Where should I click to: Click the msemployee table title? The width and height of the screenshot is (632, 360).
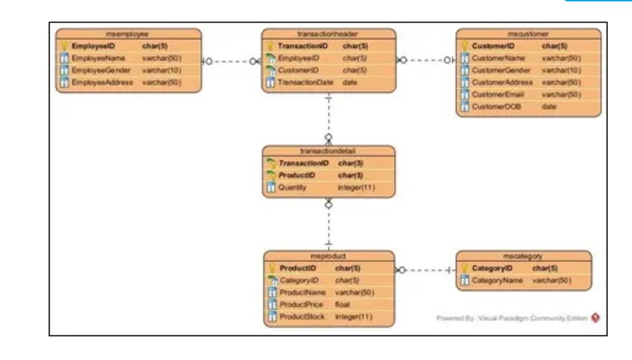128,33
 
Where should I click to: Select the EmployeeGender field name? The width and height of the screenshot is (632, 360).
96,70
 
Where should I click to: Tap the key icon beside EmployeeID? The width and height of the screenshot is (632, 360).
64,46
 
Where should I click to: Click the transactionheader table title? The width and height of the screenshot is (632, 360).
327,33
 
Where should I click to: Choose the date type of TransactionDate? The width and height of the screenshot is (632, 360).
350,82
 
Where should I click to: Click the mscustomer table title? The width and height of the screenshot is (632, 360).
528,33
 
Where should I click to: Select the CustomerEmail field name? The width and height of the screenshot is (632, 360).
498,95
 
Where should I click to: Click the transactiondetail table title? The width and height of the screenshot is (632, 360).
327,151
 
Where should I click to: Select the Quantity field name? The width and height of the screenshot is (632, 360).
292,188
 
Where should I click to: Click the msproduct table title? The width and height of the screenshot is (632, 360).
328,256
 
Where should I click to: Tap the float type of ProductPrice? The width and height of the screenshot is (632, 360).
342,305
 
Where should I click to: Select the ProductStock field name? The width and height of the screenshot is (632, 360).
302,317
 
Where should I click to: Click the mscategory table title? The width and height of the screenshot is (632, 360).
523,256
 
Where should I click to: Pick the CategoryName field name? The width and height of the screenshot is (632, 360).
497,280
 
